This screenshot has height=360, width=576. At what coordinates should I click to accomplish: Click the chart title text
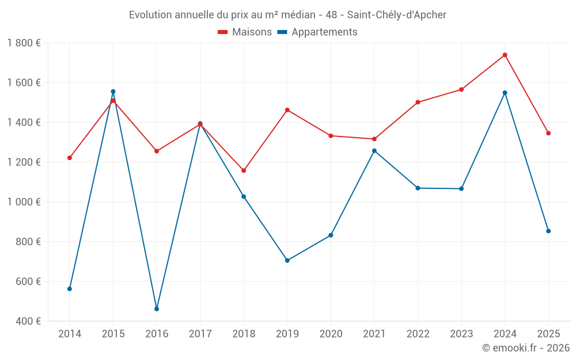pyautogui.click(x=287, y=15)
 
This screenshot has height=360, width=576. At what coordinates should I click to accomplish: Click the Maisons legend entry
pyautogui.click(x=245, y=32)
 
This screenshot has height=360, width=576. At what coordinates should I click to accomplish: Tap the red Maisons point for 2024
pyautogui.click(x=505, y=55)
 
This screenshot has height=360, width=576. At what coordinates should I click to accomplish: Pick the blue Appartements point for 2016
pyautogui.click(x=157, y=309)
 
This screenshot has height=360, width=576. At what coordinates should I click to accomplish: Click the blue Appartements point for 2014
pyautogui.click(x=70, y=289)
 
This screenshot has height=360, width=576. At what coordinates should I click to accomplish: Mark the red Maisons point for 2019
pyautogui.click(x=287, y=110)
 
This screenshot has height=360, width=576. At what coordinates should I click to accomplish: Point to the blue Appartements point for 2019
pyautogui.click(x=287, y=260)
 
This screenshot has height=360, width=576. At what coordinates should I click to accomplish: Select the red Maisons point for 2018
pyautogui.click(x=244, y=170)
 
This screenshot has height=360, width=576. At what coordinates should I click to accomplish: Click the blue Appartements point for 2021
pyautogui.click(x=374, y=151)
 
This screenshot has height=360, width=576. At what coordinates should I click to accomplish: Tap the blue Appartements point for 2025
pyautogui.click(x=548, y=231)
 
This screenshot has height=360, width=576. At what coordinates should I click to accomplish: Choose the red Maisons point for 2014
pyautogui.click(x=70, y=158)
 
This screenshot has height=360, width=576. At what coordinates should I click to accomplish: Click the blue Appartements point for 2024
pyautogui.click(x=505, y=93)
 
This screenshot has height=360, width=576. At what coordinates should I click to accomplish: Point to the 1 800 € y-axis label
pyautogui.click(x=24, y=43)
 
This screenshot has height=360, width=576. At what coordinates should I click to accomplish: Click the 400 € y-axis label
pyautogui.click(x=28, y=321)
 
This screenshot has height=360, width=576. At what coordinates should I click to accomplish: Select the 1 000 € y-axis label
pyautogui.click(x=24, y=202)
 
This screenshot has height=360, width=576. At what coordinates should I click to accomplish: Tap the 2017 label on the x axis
pyautogui.click(x=200, y=334)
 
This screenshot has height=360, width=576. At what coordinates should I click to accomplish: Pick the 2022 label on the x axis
pyautogui.click(x=418, y=334)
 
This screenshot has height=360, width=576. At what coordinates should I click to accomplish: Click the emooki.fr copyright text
pyautogui.click(x=525, y=348)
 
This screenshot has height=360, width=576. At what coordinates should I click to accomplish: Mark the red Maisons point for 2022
pyautogui.click(x=418, y=103)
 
